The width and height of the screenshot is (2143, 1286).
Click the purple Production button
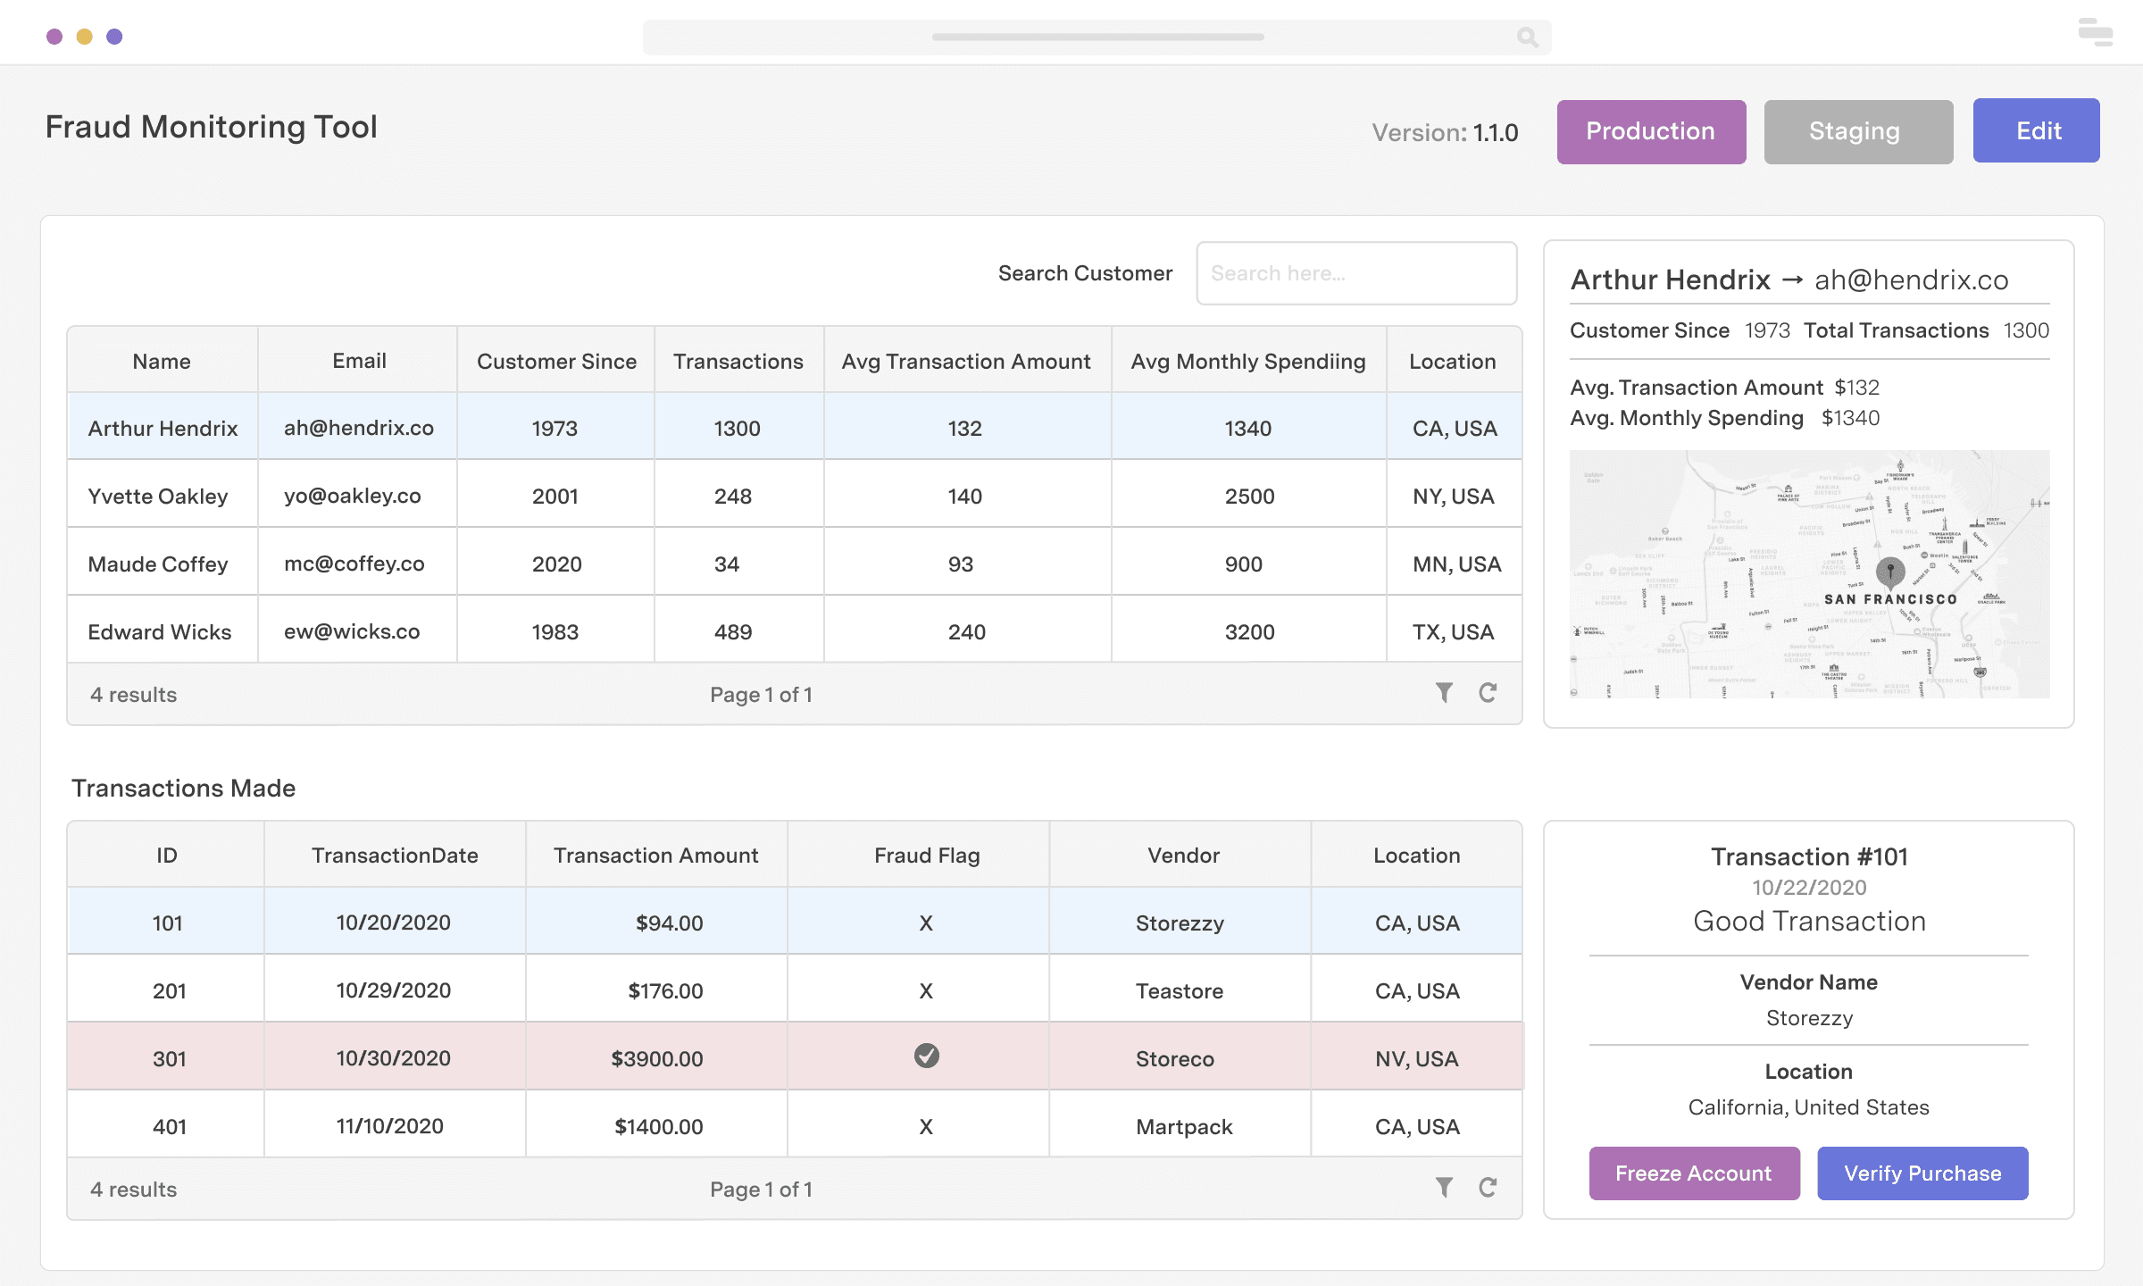coord(1651,131)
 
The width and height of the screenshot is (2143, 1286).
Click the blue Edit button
coord(2036,131)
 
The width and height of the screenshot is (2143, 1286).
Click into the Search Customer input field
coord(1355,273)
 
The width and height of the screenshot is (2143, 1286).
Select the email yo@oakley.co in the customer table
coord(353,496)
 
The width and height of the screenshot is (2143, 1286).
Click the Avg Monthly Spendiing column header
coord(1247,361)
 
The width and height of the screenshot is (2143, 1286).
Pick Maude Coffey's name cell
coord(158,564)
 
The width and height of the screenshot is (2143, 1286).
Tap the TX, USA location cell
coord(1453,631)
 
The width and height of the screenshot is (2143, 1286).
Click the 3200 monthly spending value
coord(1249,631)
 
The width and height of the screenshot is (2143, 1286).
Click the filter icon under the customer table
coord(1444,692)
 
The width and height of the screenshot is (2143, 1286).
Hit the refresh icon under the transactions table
coord(1488,1187)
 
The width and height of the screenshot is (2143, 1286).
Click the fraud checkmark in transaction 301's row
coord(926,1056)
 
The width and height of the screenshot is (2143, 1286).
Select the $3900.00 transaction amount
coord(656,1058)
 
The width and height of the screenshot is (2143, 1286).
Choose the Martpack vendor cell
coord(1184,1126)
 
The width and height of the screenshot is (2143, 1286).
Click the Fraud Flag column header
coord(926,855)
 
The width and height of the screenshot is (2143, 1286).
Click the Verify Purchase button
coord(1922,1173)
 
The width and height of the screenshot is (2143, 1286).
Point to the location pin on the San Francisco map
coord(1890,569)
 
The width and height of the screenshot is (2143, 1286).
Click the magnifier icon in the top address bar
coord(1527,37)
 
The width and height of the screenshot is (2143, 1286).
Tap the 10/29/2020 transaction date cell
coord(393,990)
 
